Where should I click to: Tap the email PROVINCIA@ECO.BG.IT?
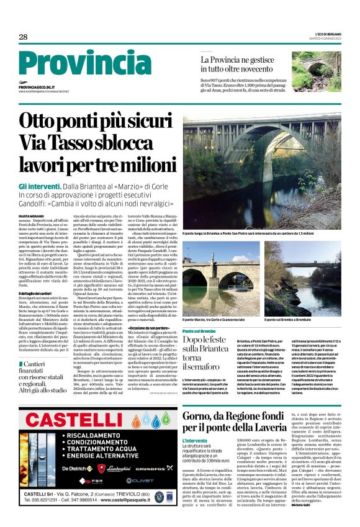(37, 88)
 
